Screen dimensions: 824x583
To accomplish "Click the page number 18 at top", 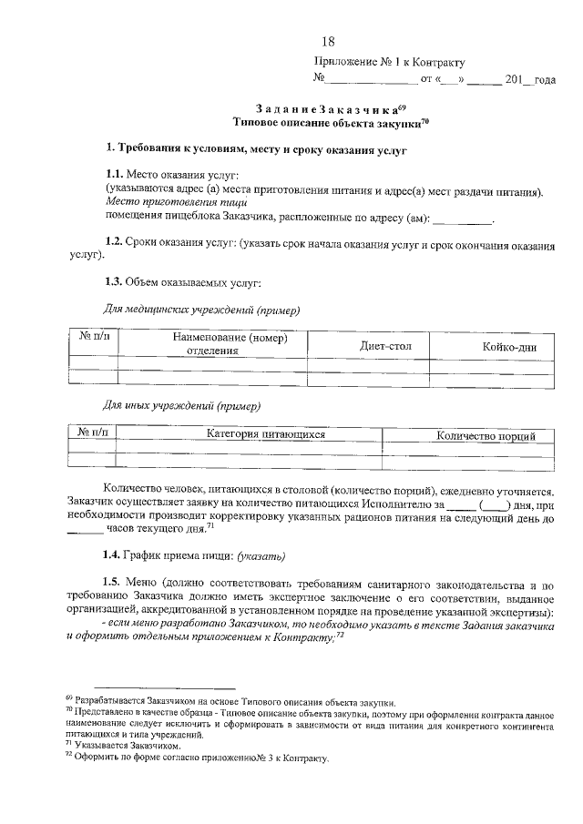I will [329, 41].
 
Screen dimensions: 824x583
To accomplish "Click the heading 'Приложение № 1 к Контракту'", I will [389, 63].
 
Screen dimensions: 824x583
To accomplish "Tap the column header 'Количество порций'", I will [486, 436].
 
